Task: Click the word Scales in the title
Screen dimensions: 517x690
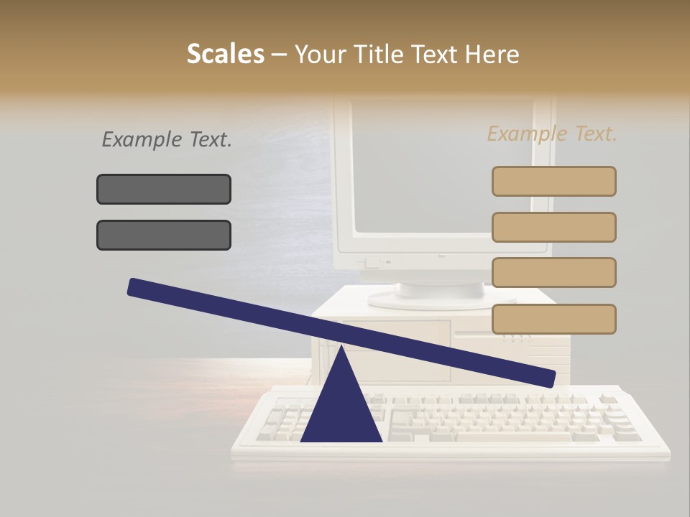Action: (225, 54)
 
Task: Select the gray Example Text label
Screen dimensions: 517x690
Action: (167, 139)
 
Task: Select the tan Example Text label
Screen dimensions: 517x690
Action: (552, 134)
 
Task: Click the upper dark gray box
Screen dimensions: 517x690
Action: (164, 189)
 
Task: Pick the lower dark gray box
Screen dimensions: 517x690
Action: (164, 235)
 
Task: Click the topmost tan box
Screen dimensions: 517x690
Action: (553, 181)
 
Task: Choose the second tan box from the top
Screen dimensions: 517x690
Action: (553, 227)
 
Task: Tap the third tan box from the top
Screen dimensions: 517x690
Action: (553, 272)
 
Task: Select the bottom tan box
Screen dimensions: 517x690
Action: (553, 319)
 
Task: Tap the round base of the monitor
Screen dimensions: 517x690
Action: (441, 291)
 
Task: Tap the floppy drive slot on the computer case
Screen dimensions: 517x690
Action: (489, 334)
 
